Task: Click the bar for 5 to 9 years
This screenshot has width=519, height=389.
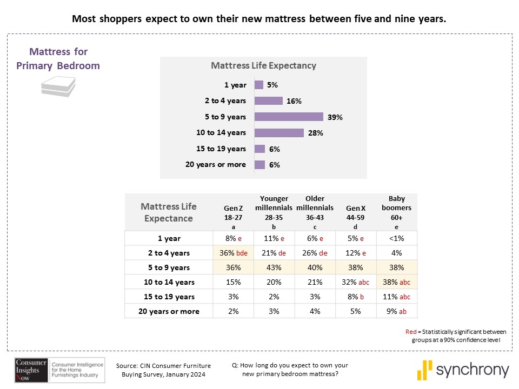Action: (289, 117)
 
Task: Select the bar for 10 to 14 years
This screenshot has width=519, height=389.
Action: (279, 133)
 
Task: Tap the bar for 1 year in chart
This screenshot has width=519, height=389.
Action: (259, 85)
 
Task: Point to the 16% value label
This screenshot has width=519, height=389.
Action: (294, 101)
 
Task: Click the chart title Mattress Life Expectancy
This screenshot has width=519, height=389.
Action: (263, 66)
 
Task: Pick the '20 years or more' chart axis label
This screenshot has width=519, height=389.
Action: (215, 165)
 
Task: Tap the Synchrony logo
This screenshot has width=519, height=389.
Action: (463, 370)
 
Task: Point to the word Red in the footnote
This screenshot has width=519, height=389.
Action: (411, 331)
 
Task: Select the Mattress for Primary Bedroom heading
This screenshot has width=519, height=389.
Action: (58, 59)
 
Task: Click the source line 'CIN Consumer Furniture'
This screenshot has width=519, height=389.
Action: (163, 366)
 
